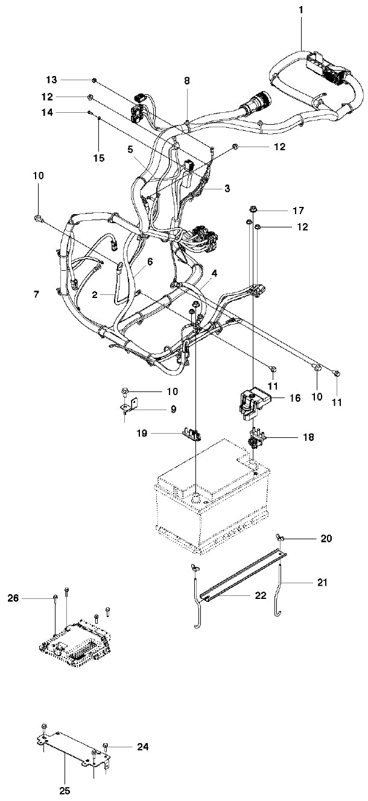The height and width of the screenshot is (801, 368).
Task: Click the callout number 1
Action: pyautogui.click(x=301, y=10)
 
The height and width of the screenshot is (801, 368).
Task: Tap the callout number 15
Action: pyautogui.click(x=99, y=158)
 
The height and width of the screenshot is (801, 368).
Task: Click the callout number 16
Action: pyautogui.click(x=295, y=398)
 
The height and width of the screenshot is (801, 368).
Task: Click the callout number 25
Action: pyautogui.click(x=65, y=791)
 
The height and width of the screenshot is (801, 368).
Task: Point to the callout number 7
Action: pyautogui.click(x=37, y=294)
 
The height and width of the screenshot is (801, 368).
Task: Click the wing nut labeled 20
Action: pyautogui.click(x=281, y=537)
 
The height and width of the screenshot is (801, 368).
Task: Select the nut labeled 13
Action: pyautogui.click(x=95, y=80)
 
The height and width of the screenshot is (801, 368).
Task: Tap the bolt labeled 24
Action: pyautogui.click(x=106, y=746)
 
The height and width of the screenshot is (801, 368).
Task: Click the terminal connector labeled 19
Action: pyautogui.click(x=192, y=434)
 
